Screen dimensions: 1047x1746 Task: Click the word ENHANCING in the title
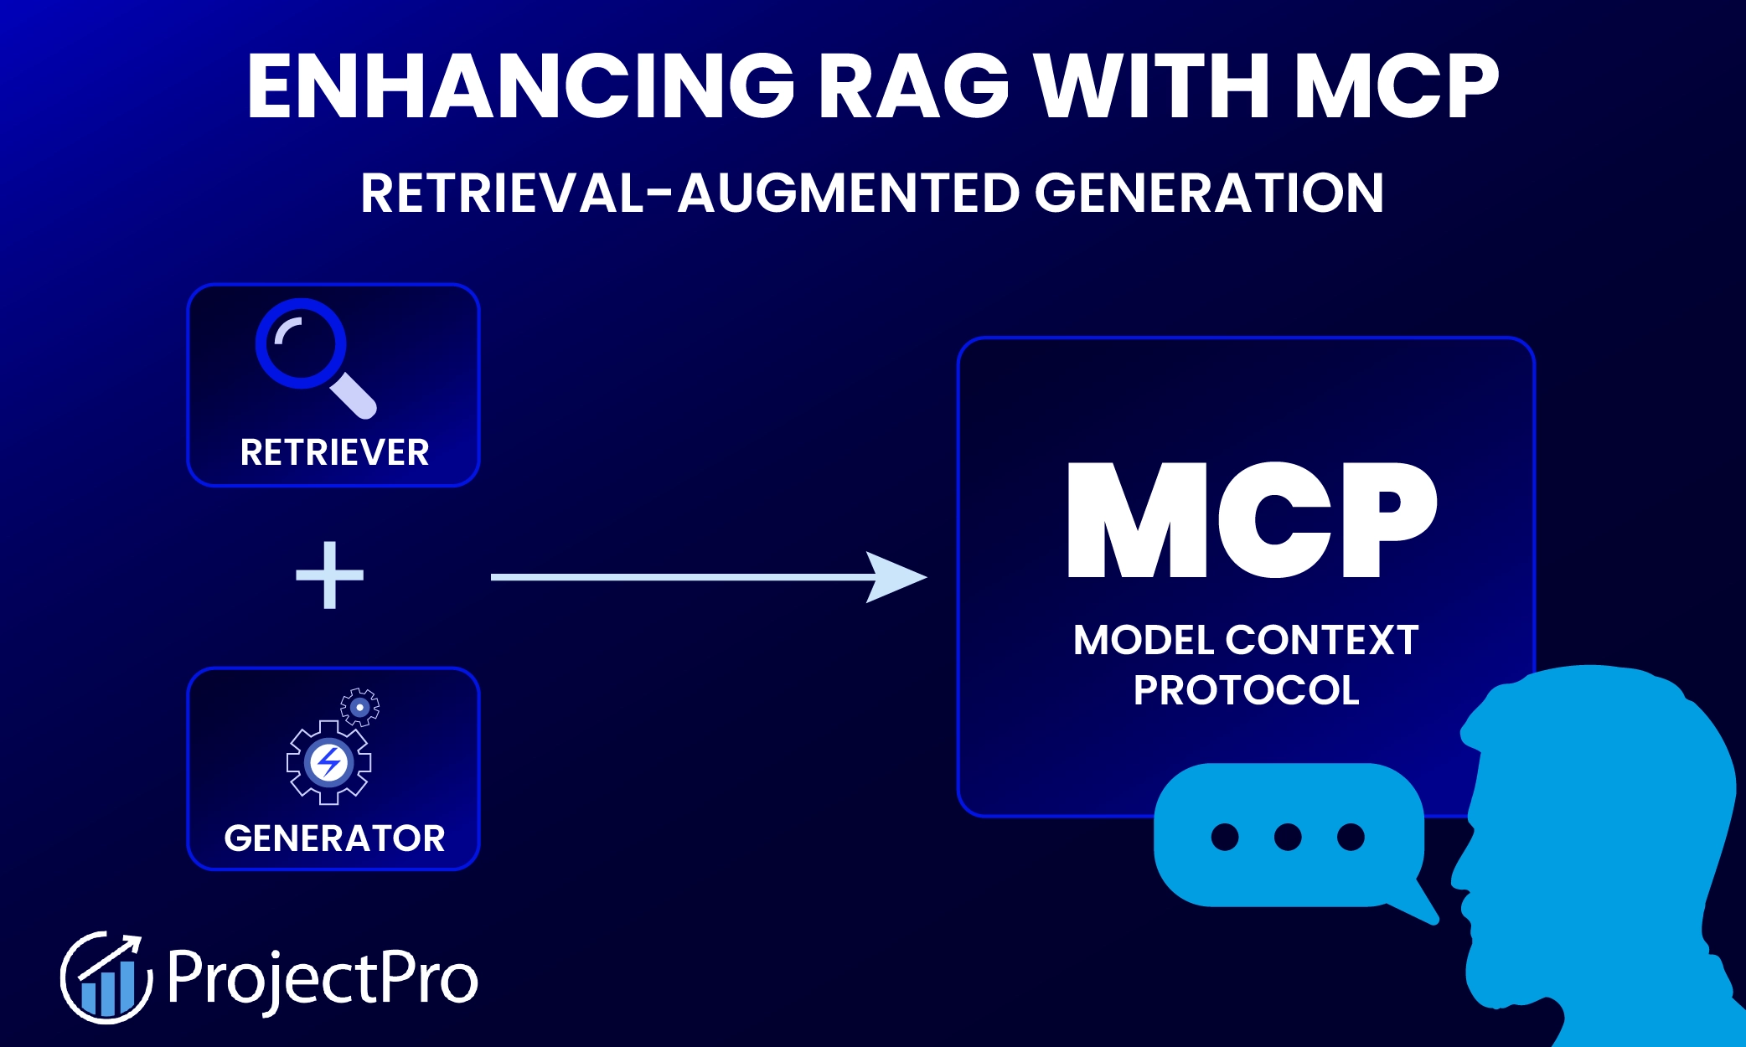click(519, 86)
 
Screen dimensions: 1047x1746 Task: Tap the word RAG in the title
click(913, 86)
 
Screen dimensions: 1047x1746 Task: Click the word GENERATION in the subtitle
click(1208, 193)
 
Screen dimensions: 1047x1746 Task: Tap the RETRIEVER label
click(334, 453)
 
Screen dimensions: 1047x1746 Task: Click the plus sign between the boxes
click(329, 575)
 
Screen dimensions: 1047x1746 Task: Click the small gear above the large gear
click(360, 707)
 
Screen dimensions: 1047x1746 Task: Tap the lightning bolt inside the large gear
click(328, 762)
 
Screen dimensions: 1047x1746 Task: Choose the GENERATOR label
click(334, 838)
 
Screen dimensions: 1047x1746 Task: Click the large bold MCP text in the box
click(1252, 521)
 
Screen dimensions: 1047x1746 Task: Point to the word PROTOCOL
click(1246, 691)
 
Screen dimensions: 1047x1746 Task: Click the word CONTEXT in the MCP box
click(1321, 641)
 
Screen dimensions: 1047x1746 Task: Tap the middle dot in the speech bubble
click(1288, 836)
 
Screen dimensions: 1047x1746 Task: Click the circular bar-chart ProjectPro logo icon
click(106, 977)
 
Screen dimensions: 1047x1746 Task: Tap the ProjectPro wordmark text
click(323, 977)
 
